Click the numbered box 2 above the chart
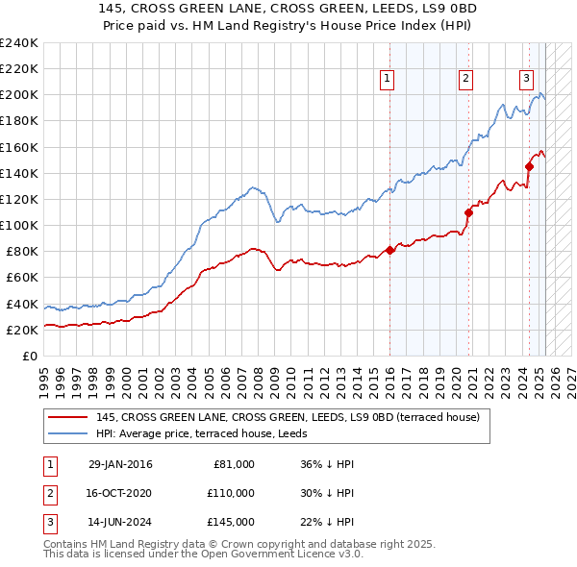pos(465,80)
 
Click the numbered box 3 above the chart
pos(527,80)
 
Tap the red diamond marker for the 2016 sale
pos(389,250)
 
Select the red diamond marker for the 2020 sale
pos(468,212)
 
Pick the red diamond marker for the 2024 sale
pos(529,166)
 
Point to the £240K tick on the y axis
pos(19,43)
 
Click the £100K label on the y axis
pos(19,225)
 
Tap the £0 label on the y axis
pos(30,356)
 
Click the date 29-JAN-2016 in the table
pos(120,464)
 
